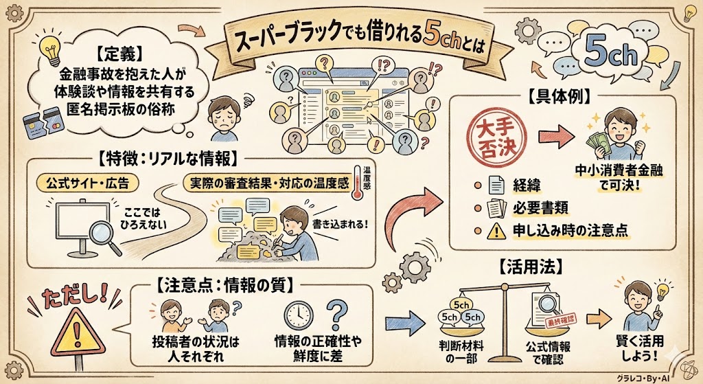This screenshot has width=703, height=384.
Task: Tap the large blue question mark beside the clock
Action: click(x=336, y=315)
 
